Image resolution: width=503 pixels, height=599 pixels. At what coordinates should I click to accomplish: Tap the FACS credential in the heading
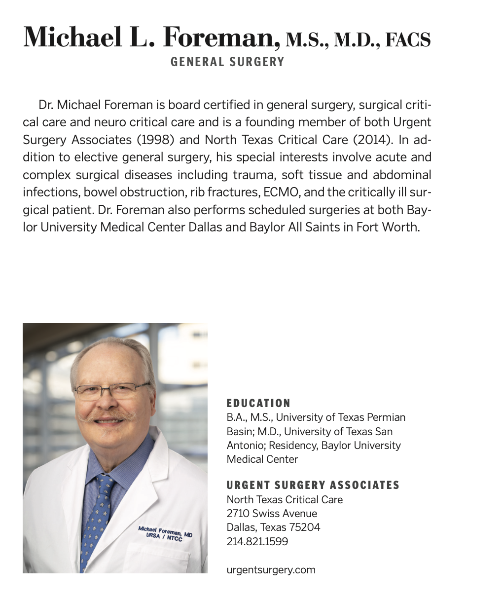407,39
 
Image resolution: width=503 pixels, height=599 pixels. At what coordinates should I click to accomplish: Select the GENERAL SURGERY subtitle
227,62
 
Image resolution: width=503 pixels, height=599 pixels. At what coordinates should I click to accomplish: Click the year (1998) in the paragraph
155,140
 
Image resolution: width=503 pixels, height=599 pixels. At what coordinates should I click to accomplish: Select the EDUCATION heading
258,403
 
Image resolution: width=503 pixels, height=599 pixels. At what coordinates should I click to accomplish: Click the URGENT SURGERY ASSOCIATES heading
313,486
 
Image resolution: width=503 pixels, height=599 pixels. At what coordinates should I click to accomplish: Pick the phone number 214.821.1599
257,541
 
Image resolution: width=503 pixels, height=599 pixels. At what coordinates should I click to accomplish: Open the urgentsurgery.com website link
271,570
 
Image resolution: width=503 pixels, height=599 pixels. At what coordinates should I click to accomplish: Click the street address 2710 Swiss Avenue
272,514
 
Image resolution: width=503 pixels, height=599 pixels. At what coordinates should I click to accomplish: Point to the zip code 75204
304,527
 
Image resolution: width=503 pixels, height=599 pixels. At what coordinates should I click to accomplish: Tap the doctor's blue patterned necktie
98,513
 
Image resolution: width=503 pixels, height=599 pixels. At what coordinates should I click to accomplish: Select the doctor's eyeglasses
111,391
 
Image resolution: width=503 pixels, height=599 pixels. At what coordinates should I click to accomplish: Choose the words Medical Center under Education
262,459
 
